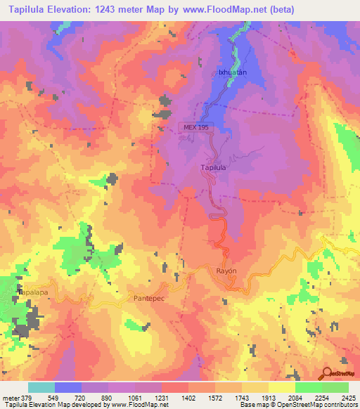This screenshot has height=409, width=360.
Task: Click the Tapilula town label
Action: point(213,168)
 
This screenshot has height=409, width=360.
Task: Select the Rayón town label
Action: point(226,271)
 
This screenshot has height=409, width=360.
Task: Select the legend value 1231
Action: point(162,398)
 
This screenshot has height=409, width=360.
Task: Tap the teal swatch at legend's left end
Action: point(41,387)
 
